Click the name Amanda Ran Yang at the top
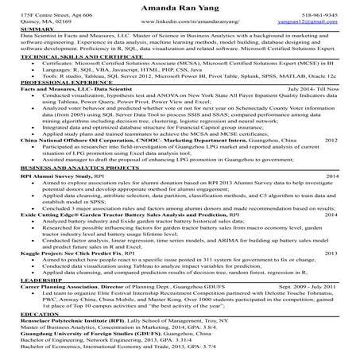(180, 6)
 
